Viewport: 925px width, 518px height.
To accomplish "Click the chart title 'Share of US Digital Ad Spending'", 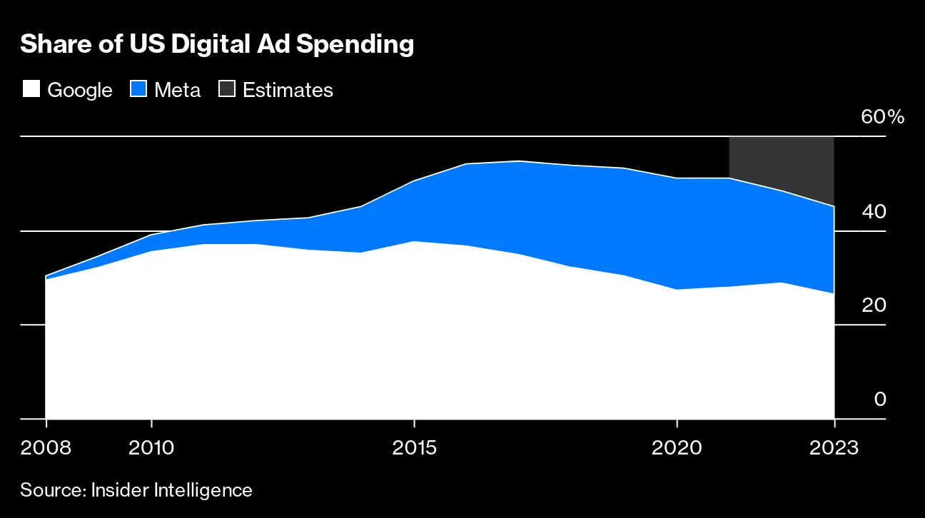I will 217,44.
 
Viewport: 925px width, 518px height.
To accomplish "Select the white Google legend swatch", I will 31,89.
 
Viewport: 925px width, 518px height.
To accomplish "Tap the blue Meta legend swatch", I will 138,89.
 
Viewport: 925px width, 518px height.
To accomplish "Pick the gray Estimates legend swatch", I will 228,89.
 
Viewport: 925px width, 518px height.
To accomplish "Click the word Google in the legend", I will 80,90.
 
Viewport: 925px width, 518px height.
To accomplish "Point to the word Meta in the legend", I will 178,90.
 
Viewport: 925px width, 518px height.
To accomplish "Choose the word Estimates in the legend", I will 288,90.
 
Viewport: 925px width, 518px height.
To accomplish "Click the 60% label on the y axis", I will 882,117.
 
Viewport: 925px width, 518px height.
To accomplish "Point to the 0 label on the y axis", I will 880,400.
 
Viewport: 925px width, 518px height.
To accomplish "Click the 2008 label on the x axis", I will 46,448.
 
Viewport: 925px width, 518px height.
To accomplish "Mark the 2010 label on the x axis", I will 151,448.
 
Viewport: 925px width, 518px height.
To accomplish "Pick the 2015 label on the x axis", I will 414,448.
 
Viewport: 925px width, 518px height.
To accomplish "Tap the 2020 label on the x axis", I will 677,448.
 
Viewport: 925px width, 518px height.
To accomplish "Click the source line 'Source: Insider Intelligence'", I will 136,490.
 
